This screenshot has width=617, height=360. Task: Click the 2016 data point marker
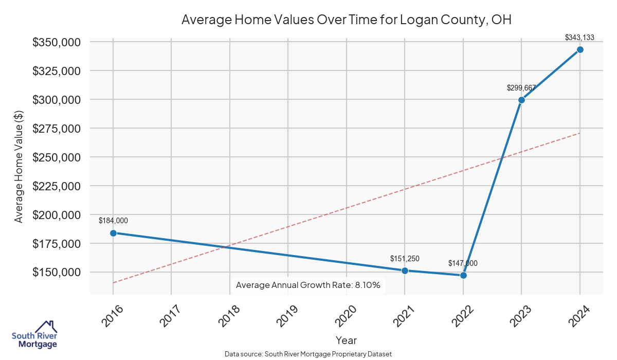click(113, 233)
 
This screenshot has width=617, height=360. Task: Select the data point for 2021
click(405, 271)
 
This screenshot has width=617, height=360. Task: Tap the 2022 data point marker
click(463, 275)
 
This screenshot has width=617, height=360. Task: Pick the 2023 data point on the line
click(521, 100)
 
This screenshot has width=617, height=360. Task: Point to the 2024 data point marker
click(580, 49)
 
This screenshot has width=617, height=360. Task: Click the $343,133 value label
click(579, 38)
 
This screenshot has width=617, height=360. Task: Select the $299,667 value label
click(521, 88)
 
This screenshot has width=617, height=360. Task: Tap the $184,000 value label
click(113, 221)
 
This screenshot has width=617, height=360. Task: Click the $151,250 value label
click(405, 258)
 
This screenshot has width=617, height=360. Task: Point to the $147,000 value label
click(463, 263)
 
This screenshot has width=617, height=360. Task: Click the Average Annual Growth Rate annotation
click(307, 285)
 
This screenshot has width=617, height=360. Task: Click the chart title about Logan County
click(347, 20)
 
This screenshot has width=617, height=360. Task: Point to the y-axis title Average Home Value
click(19, 167)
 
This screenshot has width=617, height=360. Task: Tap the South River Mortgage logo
click(34, 335)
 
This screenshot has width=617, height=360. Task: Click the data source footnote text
click(308, 354)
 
